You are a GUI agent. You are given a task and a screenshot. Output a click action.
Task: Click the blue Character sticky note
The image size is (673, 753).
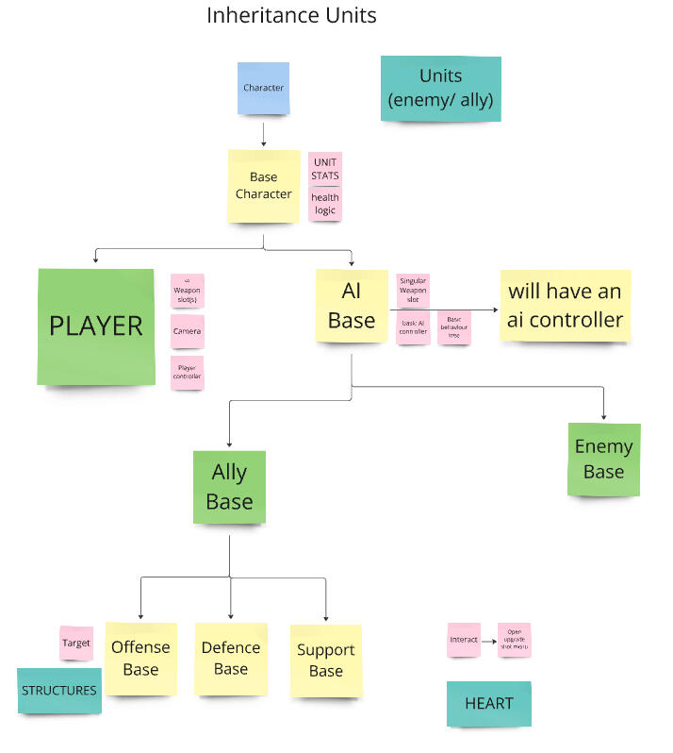[x=263, y=88]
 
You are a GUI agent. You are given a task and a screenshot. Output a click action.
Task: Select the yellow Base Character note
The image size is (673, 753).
[x=264, y=185]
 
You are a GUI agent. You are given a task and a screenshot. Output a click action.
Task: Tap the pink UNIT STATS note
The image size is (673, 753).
[x=325, y=168]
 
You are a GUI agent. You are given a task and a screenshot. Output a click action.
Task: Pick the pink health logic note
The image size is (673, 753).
[x=325, y=204]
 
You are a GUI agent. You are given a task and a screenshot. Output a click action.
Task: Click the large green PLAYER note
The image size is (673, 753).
[x=96, y=326]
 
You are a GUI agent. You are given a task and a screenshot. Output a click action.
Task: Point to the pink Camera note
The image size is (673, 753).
[x=187, y=331]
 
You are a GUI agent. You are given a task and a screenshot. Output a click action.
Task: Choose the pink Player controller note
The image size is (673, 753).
[x=187, y=373]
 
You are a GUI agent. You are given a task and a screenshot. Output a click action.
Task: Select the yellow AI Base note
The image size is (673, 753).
[x=352, y=306]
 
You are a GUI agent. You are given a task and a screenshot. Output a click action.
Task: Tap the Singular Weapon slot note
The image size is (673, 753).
[x=413, y=290]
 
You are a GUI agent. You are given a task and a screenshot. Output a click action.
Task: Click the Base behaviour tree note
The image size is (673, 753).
[x=454, y=326]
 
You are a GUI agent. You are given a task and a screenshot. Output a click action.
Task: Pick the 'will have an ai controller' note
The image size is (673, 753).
[x=566, y=305]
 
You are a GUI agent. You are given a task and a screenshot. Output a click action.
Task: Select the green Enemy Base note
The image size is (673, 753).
[x=603, y=459]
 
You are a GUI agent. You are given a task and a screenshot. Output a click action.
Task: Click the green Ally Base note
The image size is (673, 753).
[x=229, y=487]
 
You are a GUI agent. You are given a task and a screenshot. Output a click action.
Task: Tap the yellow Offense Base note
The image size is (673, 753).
[x=140, y=659]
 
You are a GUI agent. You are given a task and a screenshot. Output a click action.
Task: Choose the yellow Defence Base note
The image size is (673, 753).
[x=231, y=658]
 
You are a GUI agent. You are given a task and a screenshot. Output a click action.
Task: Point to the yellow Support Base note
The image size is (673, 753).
[x=325, y=661]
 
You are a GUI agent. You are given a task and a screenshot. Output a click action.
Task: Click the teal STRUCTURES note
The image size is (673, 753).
[x=59, y=690]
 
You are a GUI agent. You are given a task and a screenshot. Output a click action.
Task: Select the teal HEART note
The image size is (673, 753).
[x=488, y=703]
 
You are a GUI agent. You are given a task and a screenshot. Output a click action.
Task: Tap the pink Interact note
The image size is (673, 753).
[x=464, y=639]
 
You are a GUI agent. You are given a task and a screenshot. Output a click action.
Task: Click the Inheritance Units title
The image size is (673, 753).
[x=291, y=16]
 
